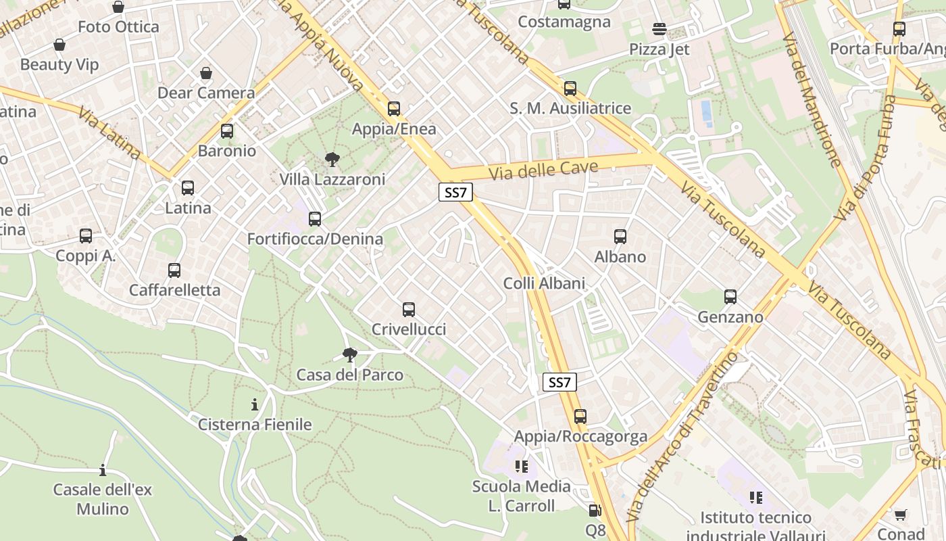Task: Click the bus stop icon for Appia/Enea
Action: [x=394, y=108]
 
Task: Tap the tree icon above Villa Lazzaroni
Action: [x=332, y=160]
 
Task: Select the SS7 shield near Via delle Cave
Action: [x=455, y=192]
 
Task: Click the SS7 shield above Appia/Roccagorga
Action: [x=559, y=382]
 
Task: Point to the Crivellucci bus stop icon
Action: [x=409, y=310]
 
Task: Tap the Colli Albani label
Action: [x=544, y=283]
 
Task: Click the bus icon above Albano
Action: [x=620, y=237]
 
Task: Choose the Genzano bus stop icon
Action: [x=730, y=297]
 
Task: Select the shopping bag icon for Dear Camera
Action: [x=206, y=73]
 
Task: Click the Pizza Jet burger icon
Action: [x=659, y=29]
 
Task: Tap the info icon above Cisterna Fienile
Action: [x=255, y=405]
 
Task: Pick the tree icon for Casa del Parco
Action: [x=349, y=355]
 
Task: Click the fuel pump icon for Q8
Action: [x=595, y=511]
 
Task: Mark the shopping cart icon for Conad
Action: [x=900, y=515]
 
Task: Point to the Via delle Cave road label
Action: [x=543, y=169]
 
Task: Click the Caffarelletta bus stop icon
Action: [x=174, y=270]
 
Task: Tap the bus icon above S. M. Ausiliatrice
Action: [x=570, y=89]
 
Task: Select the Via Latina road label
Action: [x=109, y=133]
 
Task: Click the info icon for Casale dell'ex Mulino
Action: [x=103, y=469]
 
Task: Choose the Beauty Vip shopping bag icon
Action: [x=59, y=45]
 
